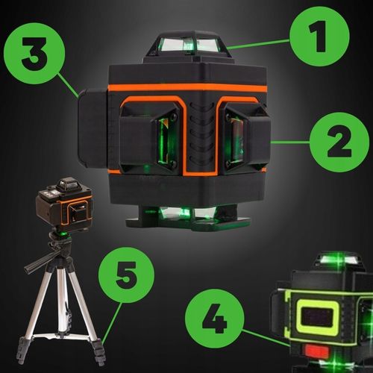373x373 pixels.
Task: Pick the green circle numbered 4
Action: (x=216, y=322)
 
